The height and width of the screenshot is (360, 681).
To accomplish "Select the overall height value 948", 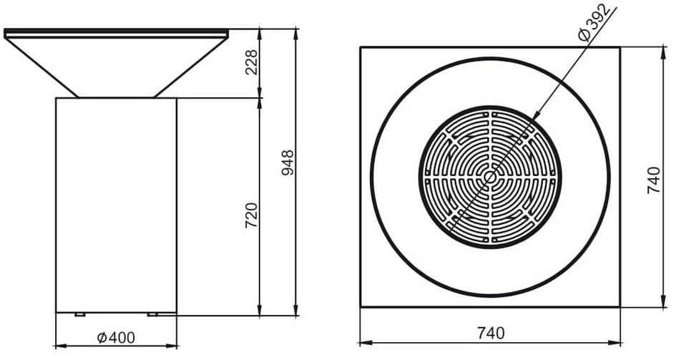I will (x=288, y=163).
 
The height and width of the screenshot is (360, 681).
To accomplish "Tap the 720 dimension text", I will (x=251, y=215).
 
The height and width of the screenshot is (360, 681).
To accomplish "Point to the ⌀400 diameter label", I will (x=115, y=336).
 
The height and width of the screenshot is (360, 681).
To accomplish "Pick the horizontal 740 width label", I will (x=490, y=333).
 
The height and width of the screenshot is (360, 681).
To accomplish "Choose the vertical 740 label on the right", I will (x=652, y=180).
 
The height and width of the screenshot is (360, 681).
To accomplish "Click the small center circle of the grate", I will (x=490, y=176).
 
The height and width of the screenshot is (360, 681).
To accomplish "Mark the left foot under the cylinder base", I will (x=79, y=314).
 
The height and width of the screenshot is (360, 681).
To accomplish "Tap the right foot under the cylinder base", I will (x=152, y=314).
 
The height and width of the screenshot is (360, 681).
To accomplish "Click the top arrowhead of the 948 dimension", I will (x=295, y=33).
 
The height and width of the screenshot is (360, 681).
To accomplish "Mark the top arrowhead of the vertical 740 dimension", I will (x=660, y=51).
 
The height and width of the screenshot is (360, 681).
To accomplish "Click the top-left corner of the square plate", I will (x=361, y=47).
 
